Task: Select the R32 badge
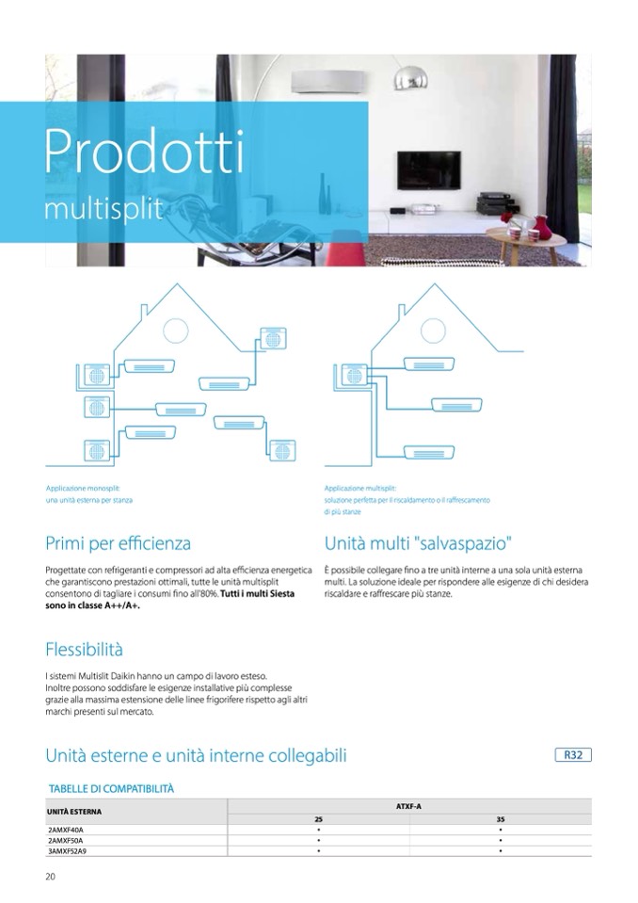572,755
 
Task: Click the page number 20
51,877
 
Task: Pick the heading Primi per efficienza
118,543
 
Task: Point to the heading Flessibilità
84,650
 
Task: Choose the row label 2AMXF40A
66,830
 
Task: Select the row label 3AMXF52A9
72,850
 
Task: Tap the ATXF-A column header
409,808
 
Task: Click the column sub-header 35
501,819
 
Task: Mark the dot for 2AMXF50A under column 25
319,840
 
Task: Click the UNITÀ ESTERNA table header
74,811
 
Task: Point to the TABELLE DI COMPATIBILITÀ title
111,788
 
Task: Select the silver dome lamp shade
409,77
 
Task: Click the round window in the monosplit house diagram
175,331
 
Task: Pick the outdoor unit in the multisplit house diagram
354,375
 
